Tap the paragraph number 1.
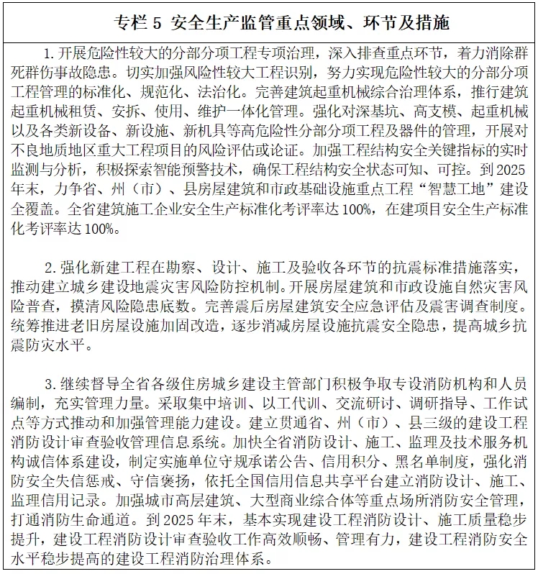(48, 54)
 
